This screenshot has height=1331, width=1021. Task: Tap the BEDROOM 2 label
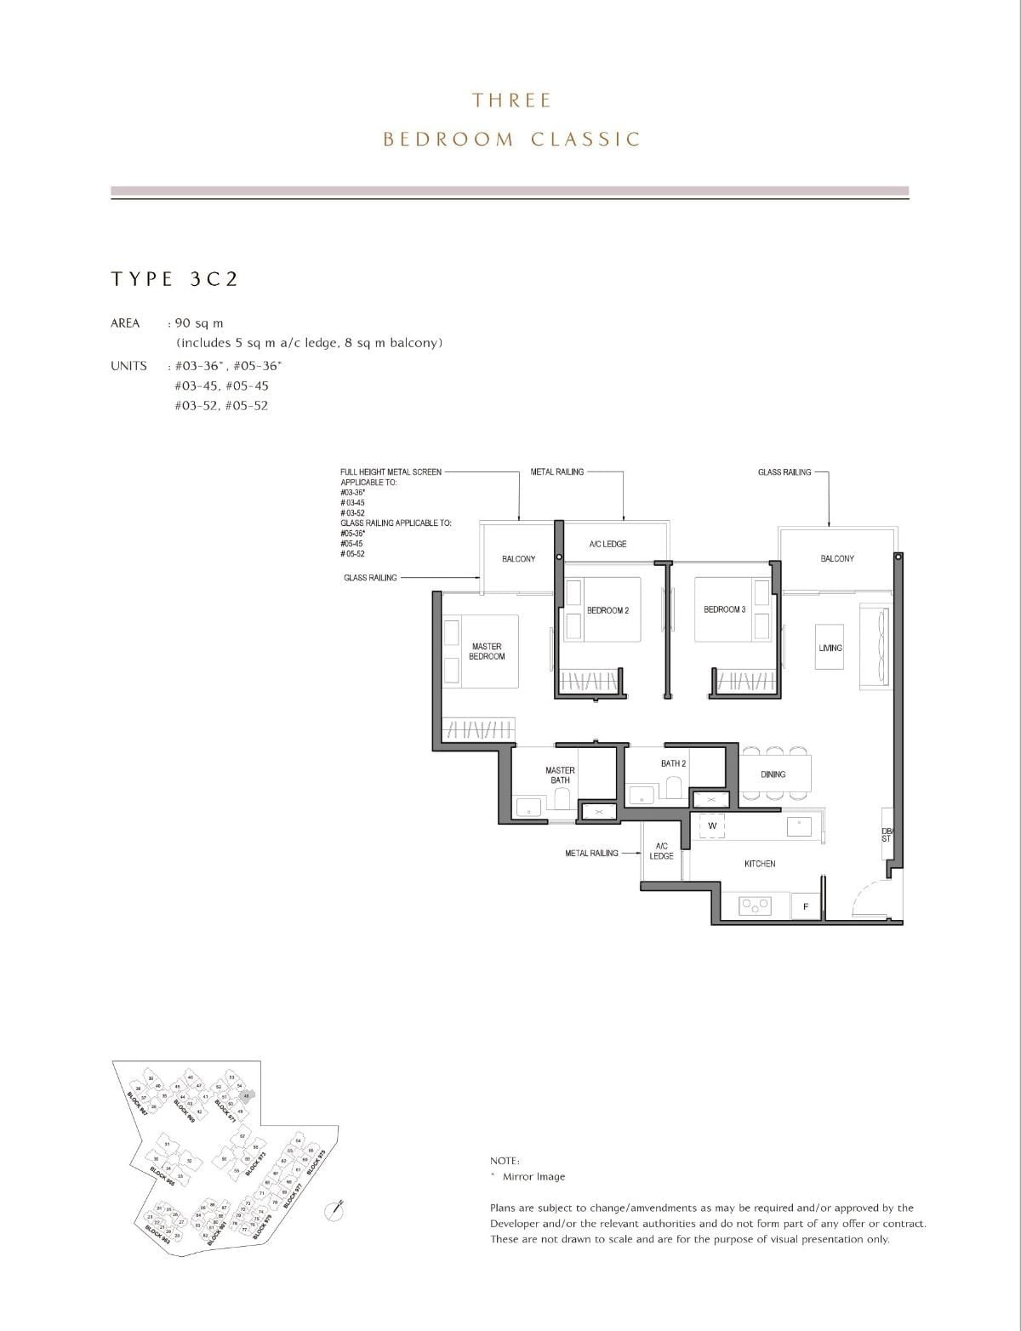pyautogui.click(x=607, y=611)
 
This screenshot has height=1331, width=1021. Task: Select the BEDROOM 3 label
pyautogui.click(x=724, y=610)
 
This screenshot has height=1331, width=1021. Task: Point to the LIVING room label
pyautogui.click(x=830, y=648)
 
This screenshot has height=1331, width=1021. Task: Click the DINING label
pyautogui.click(x=773, y=774)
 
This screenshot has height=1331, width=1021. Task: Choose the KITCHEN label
pyautogui.click(x=760, y=864)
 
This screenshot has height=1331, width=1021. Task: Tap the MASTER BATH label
pyautogui.click(x=560, y=775)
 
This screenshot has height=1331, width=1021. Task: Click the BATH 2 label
pyautogui.click(x=673, y=763)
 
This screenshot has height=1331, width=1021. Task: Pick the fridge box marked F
pyautogui.click(x=806, y=907)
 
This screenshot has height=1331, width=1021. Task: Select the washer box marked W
pyautogui.click(x=712, y=825)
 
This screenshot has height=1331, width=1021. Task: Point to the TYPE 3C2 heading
pyautogui.click(x=174, y=279)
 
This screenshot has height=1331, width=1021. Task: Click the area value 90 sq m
pyautogui.click(x=198, y=323)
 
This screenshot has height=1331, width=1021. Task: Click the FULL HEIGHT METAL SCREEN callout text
pyautogui.click(x=391, y=471)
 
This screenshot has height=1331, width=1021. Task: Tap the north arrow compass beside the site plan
pyautogui.click(x=339, y=1208)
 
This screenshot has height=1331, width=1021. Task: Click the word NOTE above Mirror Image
pyautogui.click(x=505, y=1161)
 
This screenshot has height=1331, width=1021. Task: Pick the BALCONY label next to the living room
pyautogui.click(x=837, y=558)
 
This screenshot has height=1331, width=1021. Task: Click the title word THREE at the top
pyautogui.click(x=512, y=100)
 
